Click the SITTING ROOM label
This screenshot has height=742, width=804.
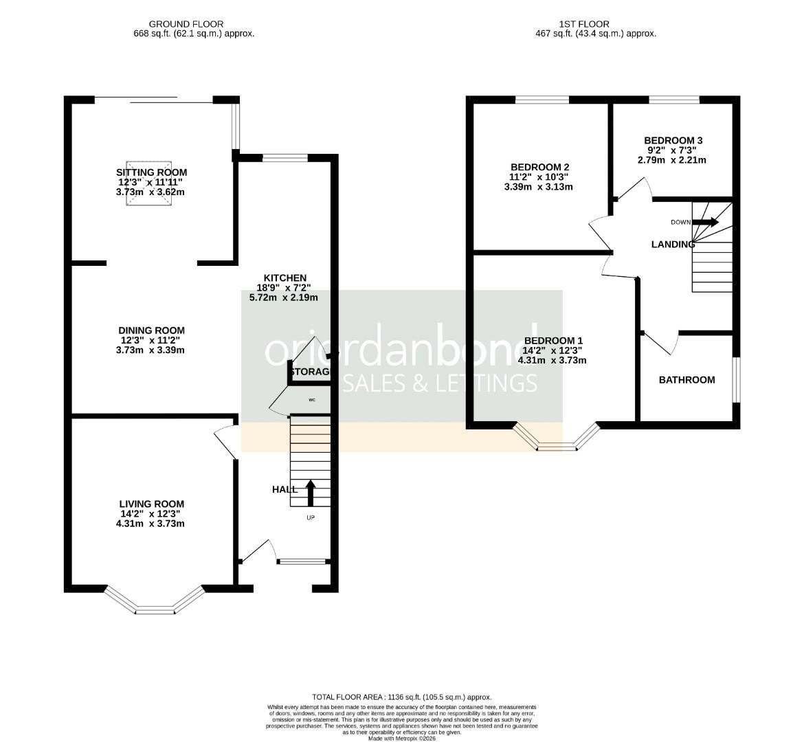tap(151, 172)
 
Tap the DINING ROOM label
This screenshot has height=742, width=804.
tap(151, 330)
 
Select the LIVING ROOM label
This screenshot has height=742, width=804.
tap(151, 504)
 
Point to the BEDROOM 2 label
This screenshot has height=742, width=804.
tap(539, 167)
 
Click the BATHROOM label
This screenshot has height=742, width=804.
tap(686, 380)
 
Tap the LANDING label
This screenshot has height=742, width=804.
tap(673, 245)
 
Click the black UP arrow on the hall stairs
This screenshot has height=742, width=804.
tap(310, 493)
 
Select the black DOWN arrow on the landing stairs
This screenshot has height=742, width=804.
tap(705, 222)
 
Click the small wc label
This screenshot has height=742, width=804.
tap(312, 399)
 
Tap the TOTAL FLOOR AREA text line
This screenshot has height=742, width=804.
tap(401, 697)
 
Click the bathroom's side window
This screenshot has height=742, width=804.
tap(736, 380)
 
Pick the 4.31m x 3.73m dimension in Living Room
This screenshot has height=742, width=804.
tap(151, 524)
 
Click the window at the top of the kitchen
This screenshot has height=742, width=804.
tap(284, 158)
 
